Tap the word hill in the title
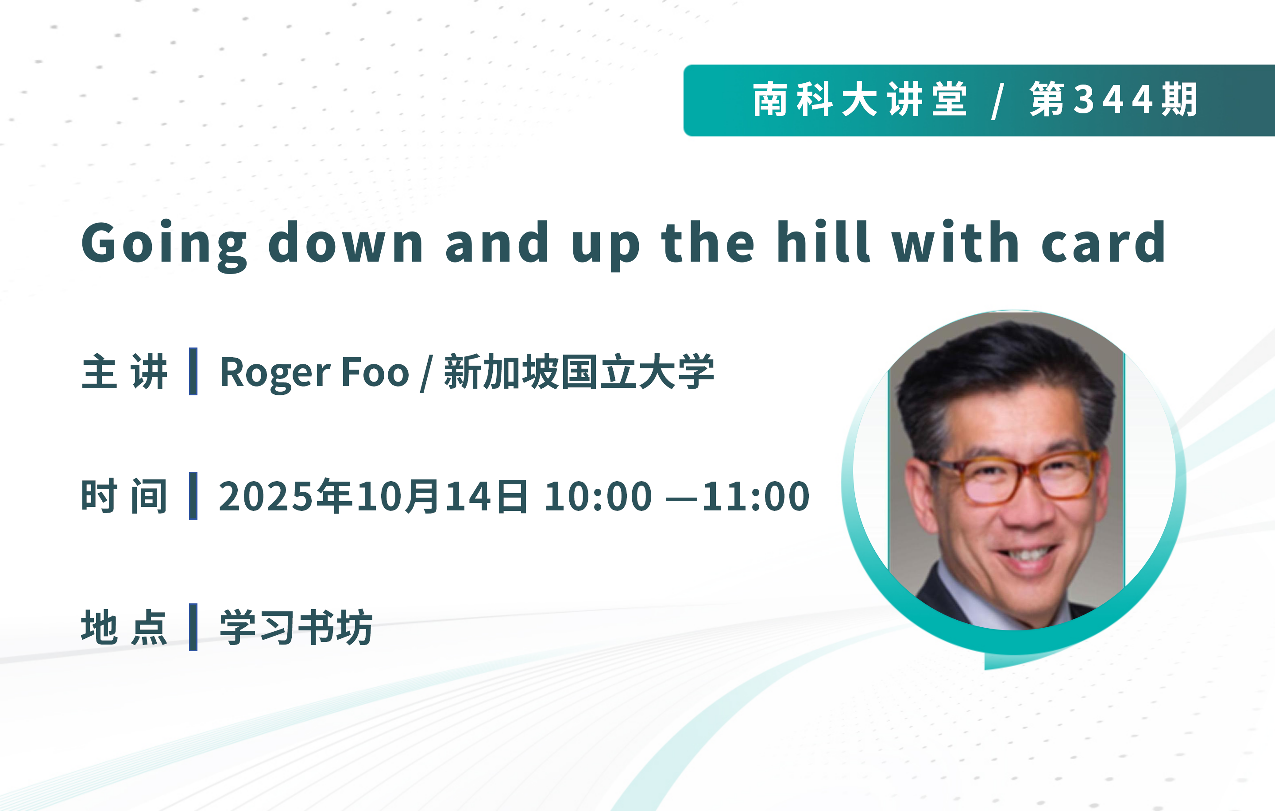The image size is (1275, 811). pyautogui.click(x=823, y=241)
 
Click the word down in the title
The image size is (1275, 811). pyautogui.click(x=346, y=241)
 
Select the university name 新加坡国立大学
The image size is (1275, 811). pyautogui.click(x=579, y=371)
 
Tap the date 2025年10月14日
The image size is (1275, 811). pyautogui.click(x=373, y=496)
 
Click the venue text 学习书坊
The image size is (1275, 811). pyautogui.click(x=297, y=627)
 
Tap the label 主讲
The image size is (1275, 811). pyautogui.click(x=124, y=371)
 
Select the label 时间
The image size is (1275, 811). pyautogui.click(x=124, y=496)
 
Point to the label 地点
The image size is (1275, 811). pyautogui.click(x=124, y=627)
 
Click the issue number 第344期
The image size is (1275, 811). pyautogui.click(x=1114, y=100)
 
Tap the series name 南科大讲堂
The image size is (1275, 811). pyautogui.click(x=861, y=100)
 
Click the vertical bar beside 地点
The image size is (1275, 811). pyautogui.click(x=193, y=627)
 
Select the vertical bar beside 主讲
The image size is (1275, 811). pyautogui.click(x=193, y=371)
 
